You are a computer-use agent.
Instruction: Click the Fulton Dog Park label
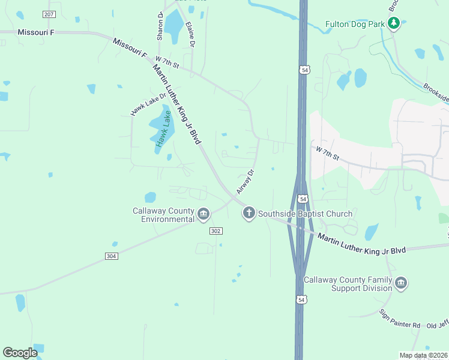354,24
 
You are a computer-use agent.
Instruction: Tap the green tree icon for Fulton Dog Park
394,23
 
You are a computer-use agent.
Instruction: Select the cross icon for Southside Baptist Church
249,213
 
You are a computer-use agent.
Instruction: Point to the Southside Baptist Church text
306,214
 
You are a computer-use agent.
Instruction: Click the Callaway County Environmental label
164,215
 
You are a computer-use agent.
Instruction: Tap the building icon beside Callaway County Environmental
203,214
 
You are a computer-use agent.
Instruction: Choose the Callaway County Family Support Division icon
401,283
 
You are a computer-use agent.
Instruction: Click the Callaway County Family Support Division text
348,284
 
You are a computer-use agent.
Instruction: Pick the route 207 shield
49,14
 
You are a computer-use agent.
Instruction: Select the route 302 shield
216,231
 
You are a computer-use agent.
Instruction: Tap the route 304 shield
110,256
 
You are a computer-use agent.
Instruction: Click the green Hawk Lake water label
163,128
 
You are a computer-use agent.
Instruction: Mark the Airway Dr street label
246,181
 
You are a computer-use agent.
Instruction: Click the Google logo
20,353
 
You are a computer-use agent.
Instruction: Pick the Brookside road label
436,92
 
